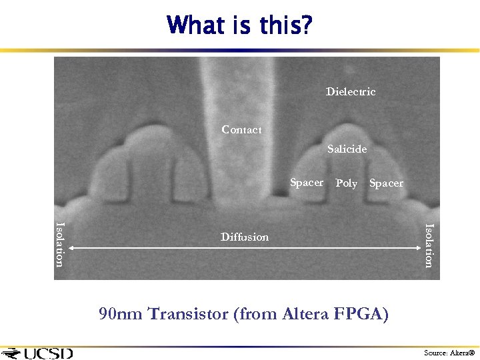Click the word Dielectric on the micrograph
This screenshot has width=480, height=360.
[x=351, y=91]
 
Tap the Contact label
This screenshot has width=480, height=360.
[x=241, y=129]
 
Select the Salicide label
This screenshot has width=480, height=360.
[x=347, y=149]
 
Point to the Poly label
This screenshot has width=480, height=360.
[x=346, y=183]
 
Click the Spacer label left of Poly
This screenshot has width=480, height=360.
[x=307, y=182]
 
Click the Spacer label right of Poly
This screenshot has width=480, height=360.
[x=386, y=183]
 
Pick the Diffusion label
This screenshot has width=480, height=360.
[x=245, y=237]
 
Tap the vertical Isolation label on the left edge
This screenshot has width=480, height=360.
[x=60, y=244]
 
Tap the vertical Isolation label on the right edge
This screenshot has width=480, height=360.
[x=429, y=245]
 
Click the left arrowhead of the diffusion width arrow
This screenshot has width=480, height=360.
[x=71, y=248]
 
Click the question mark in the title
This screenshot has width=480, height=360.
[x=306, y=25]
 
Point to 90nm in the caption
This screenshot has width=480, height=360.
[x=121, y=313]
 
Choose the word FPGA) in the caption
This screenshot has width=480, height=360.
[x=362, y=313]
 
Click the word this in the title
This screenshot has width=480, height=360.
[x=275, y=25]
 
